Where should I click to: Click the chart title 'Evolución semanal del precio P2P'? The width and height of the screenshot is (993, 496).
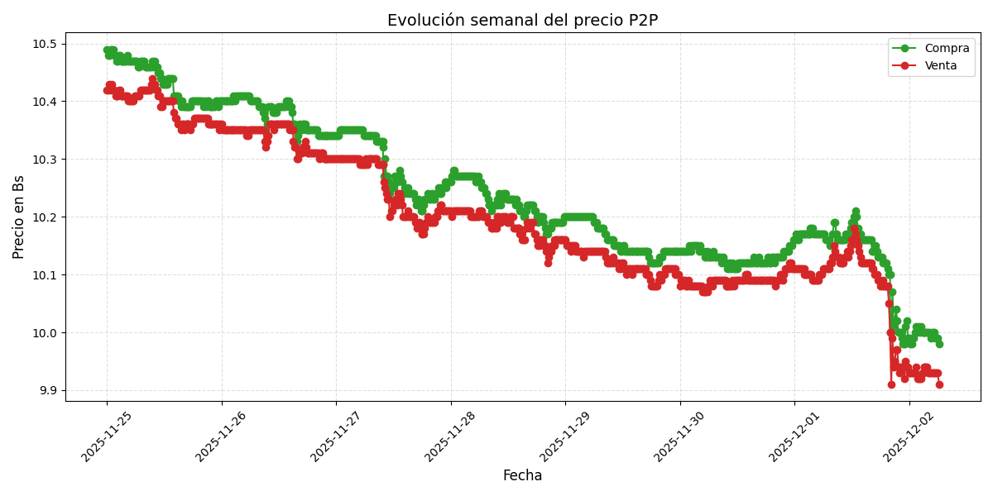tap(522, 21)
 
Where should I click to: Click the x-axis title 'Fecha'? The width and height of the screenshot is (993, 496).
tap(522, 476)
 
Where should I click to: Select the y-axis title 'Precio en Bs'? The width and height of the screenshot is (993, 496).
tap(19, 217)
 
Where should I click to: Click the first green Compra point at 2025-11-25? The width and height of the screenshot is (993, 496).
tap(107, 50)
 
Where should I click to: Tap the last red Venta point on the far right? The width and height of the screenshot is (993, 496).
tap(939, 384)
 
